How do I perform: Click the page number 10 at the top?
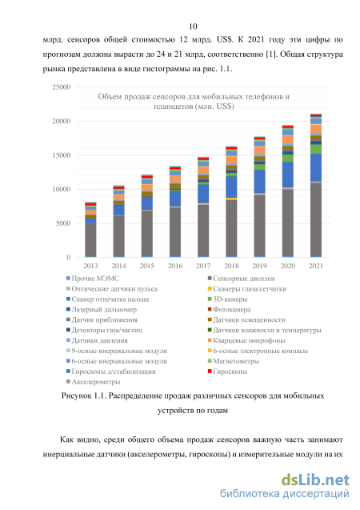pos(193,26)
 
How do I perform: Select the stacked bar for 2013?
pos(90,230)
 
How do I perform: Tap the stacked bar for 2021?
pos(316,186)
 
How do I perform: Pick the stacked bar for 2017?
pos(203,207)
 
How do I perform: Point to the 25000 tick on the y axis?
pos(62,86)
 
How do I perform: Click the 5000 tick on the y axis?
pos(63,223)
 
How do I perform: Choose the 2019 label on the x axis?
pos(260,266)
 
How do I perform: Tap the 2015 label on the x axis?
pos(147,266)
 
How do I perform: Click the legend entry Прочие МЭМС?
pos(93,279)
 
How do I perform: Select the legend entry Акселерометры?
pos(94,382)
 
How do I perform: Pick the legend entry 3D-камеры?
pos(227,299)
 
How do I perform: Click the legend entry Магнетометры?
pos(234,361)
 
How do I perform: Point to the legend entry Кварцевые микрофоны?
pos(246,340)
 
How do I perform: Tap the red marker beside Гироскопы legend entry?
pos(210,371)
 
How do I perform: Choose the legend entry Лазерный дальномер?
pos(102,310)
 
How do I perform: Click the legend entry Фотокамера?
pos(229,310)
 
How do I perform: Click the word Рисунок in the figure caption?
pos(76,396)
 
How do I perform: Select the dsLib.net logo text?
pos(315,480)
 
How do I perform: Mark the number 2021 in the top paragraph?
pos(257,40)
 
